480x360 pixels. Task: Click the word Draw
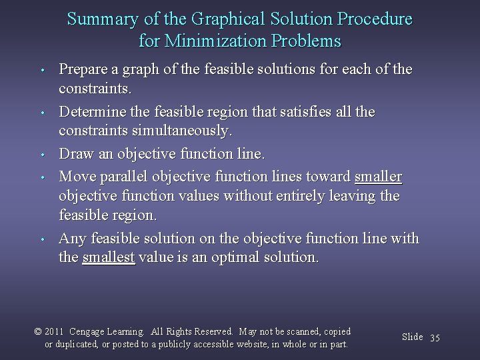(75, 155)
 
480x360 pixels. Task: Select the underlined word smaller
(378, 178)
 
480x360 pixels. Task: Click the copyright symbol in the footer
(39, 331)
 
